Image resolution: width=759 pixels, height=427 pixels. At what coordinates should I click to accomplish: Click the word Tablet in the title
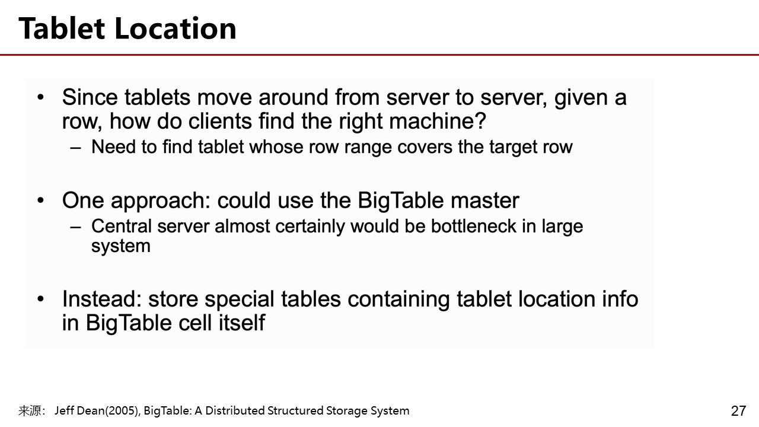62,28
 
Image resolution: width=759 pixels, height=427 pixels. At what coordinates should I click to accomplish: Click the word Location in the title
176,28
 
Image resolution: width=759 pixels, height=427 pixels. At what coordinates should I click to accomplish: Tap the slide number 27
739,411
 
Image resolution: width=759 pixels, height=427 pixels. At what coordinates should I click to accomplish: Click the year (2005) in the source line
122,411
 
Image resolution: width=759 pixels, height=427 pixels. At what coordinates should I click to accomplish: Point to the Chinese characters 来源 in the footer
30,411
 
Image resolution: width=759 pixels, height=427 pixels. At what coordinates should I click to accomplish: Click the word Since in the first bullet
90,97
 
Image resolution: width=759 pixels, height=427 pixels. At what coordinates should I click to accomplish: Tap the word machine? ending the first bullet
438,121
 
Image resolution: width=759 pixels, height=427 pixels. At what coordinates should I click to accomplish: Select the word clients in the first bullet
220,121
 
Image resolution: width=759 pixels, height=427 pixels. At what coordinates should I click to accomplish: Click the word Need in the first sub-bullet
113,146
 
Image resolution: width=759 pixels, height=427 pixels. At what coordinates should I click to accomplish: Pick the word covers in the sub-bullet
425,146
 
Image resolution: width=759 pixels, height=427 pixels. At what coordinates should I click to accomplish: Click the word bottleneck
473,226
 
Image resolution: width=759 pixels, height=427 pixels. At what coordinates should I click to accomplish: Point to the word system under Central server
120,246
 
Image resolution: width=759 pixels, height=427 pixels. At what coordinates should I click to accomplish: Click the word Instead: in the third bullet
101,299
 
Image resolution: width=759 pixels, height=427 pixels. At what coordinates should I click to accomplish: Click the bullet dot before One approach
41,200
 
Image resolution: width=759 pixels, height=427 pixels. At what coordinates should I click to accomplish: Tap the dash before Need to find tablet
75,148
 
